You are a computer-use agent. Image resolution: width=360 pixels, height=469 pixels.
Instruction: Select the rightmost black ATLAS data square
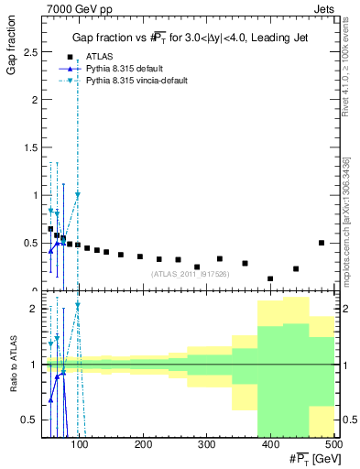(322, 243)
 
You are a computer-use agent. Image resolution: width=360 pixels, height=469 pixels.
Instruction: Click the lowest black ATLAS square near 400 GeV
(270, 278)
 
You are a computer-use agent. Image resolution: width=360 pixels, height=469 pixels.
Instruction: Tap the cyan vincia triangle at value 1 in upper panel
(78, 194)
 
